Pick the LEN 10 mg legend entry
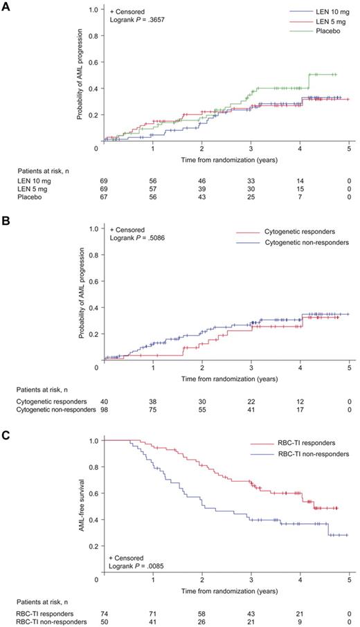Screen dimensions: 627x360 click(322, 12)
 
